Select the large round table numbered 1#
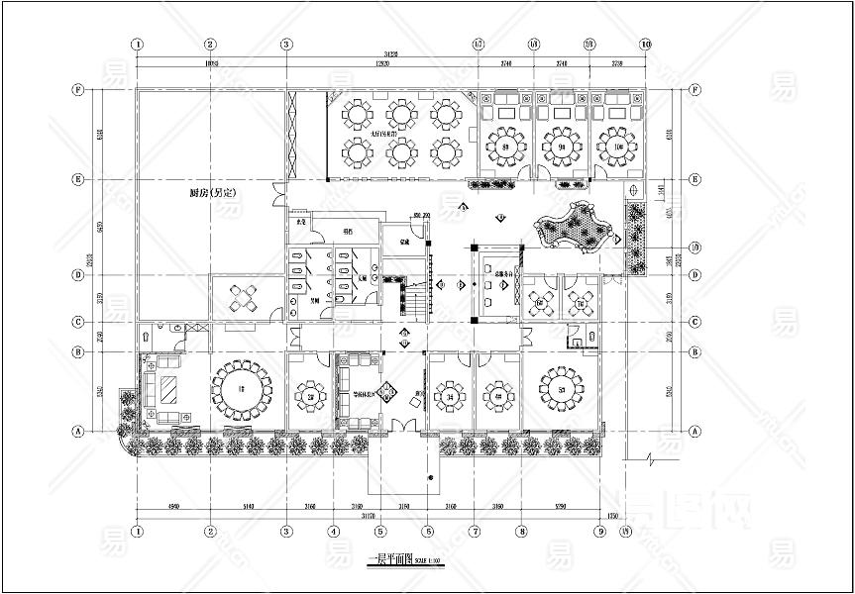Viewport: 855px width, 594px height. coord(243,387)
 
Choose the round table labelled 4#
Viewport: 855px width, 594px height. coord(497,398)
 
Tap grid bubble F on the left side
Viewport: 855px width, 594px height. coord(77,89)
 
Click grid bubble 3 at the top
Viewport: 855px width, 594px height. coord(285,45)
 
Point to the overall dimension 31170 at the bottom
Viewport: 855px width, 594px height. coord(369,515)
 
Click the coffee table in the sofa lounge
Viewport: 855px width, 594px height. coord(169,389)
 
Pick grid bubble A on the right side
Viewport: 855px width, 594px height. coord(695,431)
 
